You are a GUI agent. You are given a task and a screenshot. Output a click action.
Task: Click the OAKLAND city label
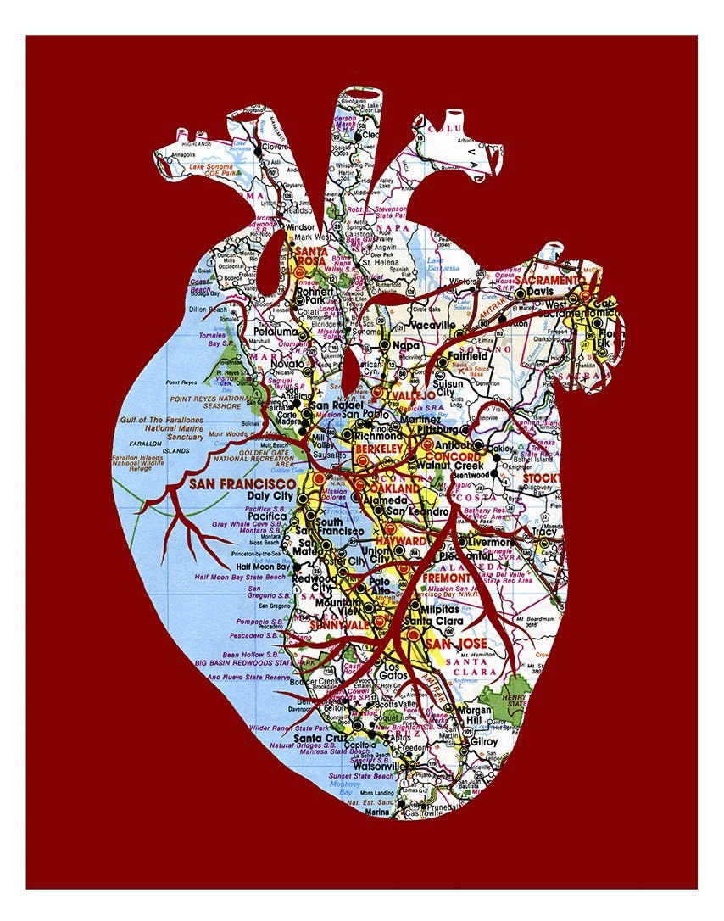pyautogui.click(x=395, y=489)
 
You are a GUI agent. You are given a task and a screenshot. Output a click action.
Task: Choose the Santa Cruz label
pyautogui.click(x=320, y=738)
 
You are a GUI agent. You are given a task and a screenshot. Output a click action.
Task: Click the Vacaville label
pyautogui.click(x=432, y=324)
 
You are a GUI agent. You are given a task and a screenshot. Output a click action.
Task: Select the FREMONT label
pyautogui.click(x=446, y=578)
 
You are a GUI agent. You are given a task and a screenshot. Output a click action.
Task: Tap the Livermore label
pyautogui.click(x=491, y=541)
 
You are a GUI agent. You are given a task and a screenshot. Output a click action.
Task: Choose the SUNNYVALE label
pyautogui.click(x=336, y=622)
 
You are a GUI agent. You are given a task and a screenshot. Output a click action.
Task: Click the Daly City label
pyautogui.click(x=270, y=495)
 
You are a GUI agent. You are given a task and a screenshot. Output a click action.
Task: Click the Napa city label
pyautogui.click(x=408, y=345)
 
